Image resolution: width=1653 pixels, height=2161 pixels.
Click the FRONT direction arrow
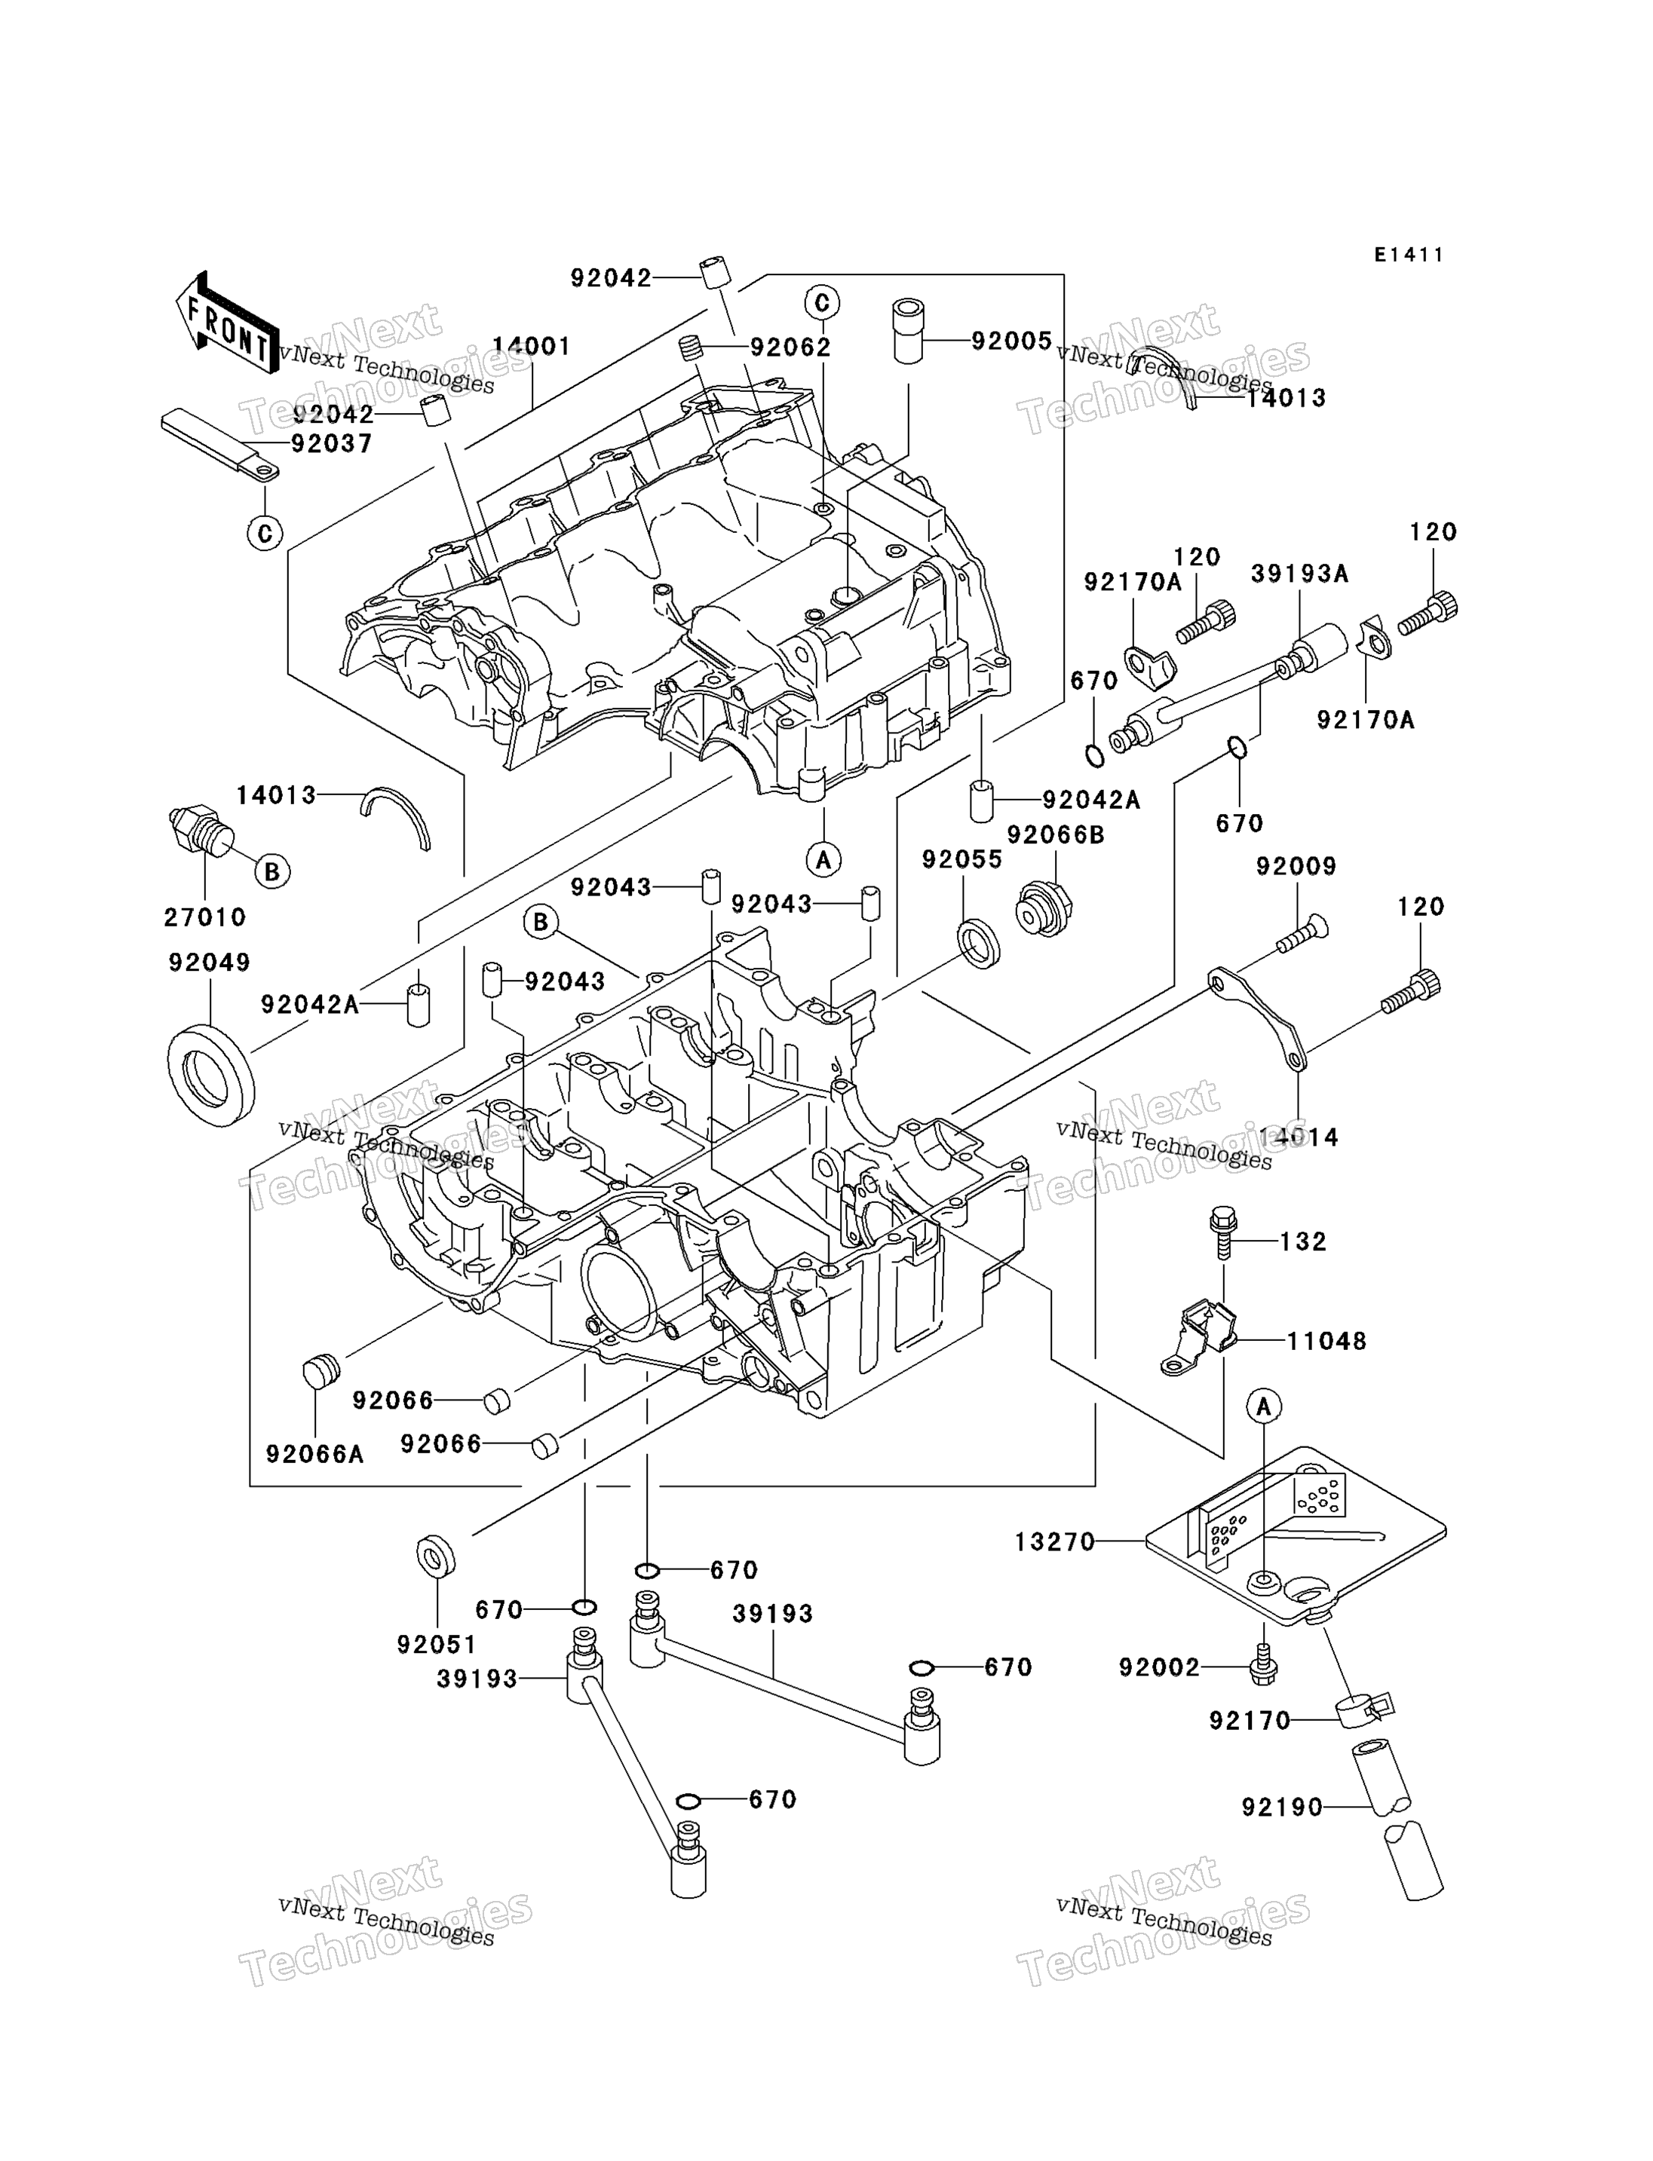(226, 323)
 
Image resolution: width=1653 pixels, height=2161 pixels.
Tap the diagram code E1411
(1409, 255)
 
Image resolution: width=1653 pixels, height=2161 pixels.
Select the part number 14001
(532, 346)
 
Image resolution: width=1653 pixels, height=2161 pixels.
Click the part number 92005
(1011, 341)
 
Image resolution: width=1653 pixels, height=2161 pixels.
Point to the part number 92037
(333, 444)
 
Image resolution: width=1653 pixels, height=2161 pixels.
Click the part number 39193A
(1300, 574)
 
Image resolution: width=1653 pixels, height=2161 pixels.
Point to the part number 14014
(1298, 1137)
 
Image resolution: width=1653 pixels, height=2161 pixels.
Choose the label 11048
(1326, 1341)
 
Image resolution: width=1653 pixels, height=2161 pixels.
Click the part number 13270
(1055, 1541)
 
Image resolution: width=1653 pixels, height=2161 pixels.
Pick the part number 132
(1303, 1241)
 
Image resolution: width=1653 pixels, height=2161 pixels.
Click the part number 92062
(790, 347)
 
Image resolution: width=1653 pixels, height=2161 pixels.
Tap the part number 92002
(1159, 1667)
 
